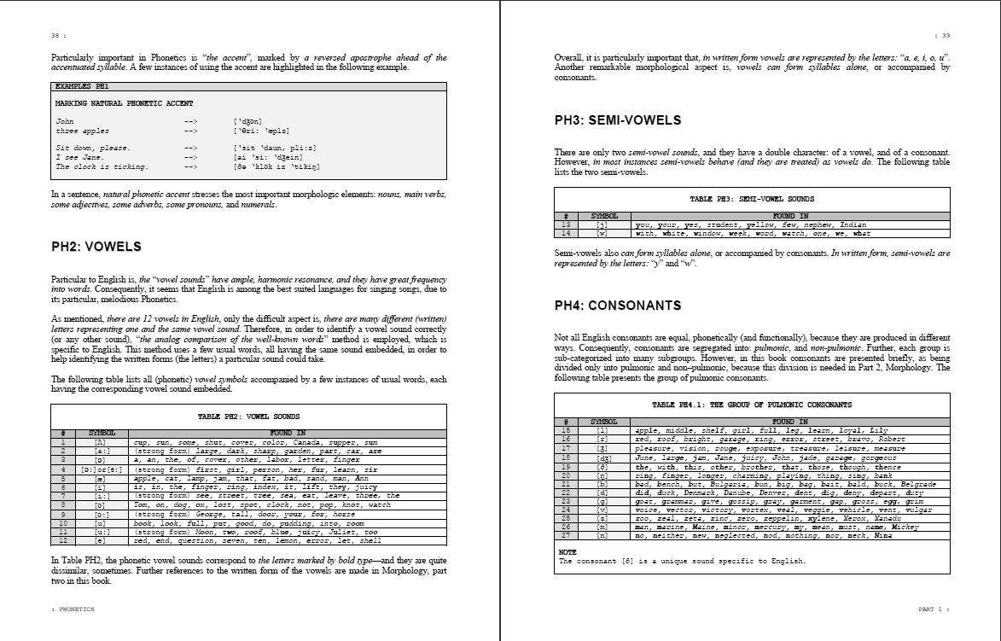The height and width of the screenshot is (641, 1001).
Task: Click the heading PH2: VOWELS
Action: (x=96, y=247)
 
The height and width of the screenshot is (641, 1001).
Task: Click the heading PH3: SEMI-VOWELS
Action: (x=618, y=120)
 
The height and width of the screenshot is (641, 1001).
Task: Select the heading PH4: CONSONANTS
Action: (x=618, y=306)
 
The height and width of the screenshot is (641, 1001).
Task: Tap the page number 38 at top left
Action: (x=55, y=36)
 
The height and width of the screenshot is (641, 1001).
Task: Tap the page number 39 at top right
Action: (x=945, y=36)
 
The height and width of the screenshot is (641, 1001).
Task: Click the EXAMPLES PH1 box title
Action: (x=81, y=87)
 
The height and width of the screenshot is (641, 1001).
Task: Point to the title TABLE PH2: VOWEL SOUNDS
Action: (x=248, y=417)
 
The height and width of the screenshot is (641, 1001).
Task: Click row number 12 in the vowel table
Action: (x=62, y=541)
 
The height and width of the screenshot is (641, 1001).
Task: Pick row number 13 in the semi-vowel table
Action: (x=566, y=224)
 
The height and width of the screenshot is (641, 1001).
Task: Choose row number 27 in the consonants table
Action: (x=566, y=535)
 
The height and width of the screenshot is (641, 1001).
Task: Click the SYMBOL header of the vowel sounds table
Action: (x=102, y=433)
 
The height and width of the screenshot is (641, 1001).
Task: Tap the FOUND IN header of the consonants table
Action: (x=790, y=422)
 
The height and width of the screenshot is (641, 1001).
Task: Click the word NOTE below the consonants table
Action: (x=567, y=552)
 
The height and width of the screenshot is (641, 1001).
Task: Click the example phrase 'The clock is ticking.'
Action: (x=102, y=166)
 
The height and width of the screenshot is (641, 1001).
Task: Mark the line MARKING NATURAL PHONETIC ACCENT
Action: (x=124, y=103)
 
